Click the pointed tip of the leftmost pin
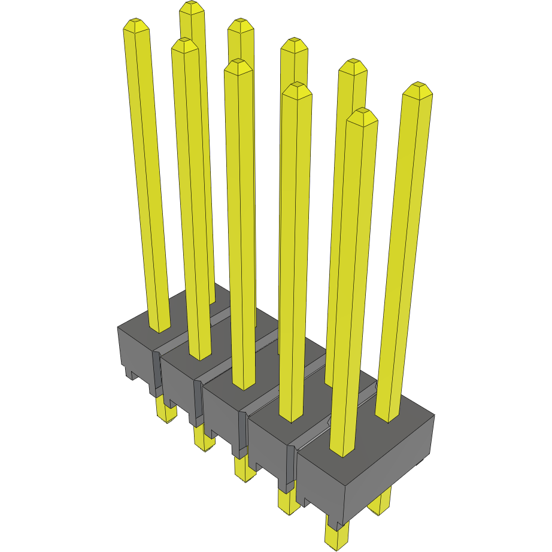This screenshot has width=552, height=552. point(136,24)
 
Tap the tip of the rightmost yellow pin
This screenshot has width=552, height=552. point(417,89)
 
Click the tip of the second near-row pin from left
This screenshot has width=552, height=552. point(184,44)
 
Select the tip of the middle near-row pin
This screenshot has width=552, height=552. point(238,65)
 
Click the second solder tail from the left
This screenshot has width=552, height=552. point(204,439)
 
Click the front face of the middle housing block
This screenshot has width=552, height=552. point(222,419)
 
